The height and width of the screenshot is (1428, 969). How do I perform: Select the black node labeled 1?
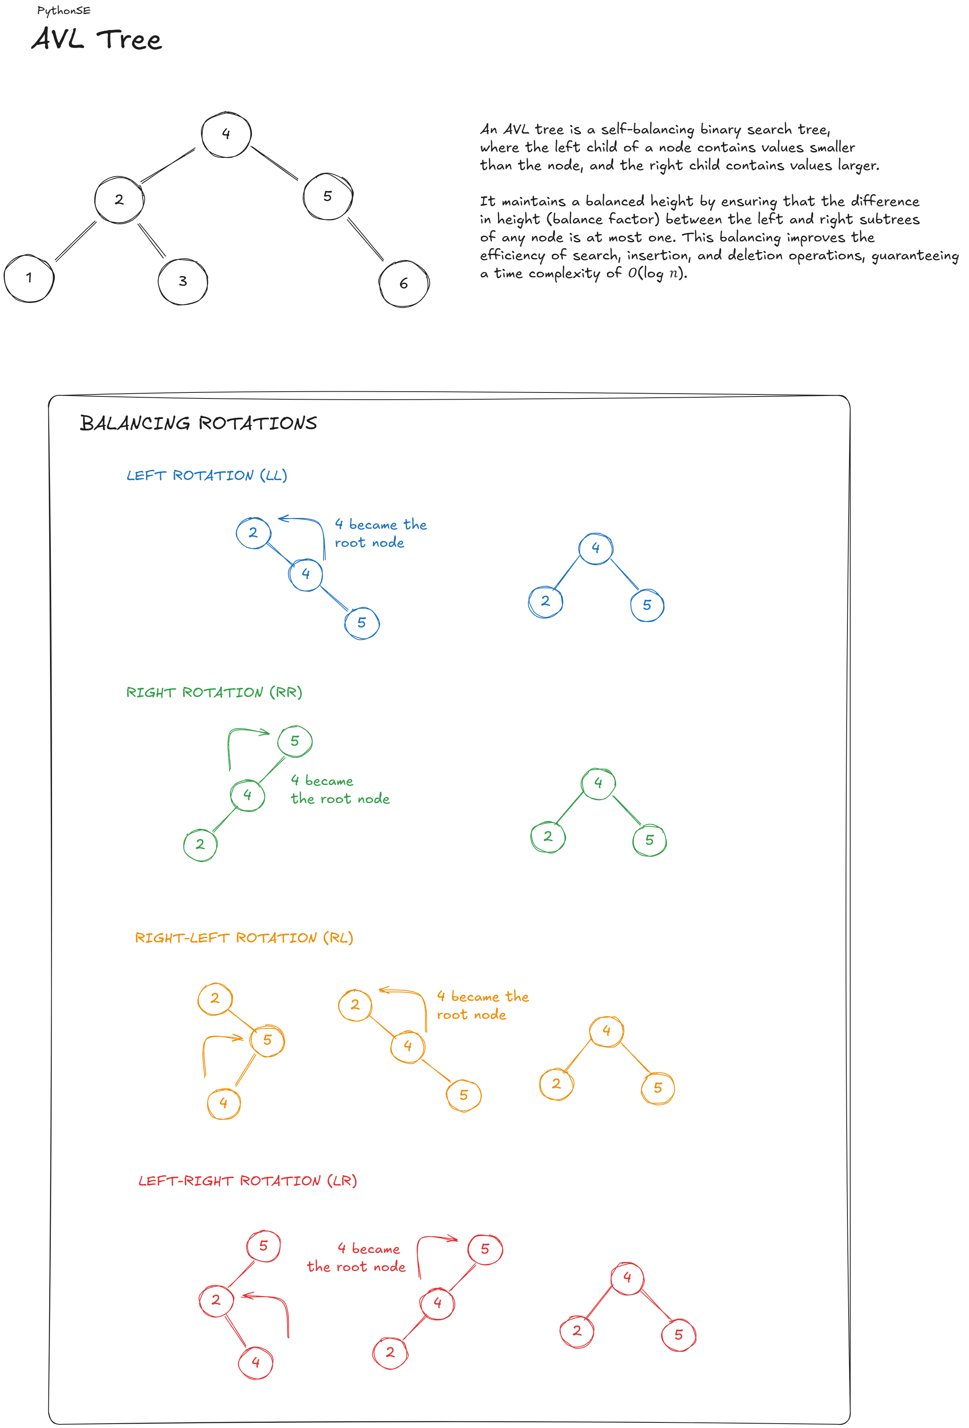click(29, 278)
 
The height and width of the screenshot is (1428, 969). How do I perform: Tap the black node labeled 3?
click(183, 281)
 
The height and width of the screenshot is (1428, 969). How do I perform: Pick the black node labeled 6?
click(404, 283)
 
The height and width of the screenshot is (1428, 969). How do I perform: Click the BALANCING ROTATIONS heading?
click(198, 423)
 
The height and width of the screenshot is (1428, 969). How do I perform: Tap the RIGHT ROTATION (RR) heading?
click(214, 693)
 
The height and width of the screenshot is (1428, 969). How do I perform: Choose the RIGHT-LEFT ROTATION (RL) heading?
click(244, 938)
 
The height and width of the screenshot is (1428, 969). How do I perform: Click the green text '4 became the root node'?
click(340, 790)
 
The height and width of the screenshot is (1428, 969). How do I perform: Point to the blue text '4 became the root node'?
click(381, 533)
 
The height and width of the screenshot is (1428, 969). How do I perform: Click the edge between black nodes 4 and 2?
click(168, 166)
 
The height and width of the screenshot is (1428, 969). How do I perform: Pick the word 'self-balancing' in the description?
click(647, 129)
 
